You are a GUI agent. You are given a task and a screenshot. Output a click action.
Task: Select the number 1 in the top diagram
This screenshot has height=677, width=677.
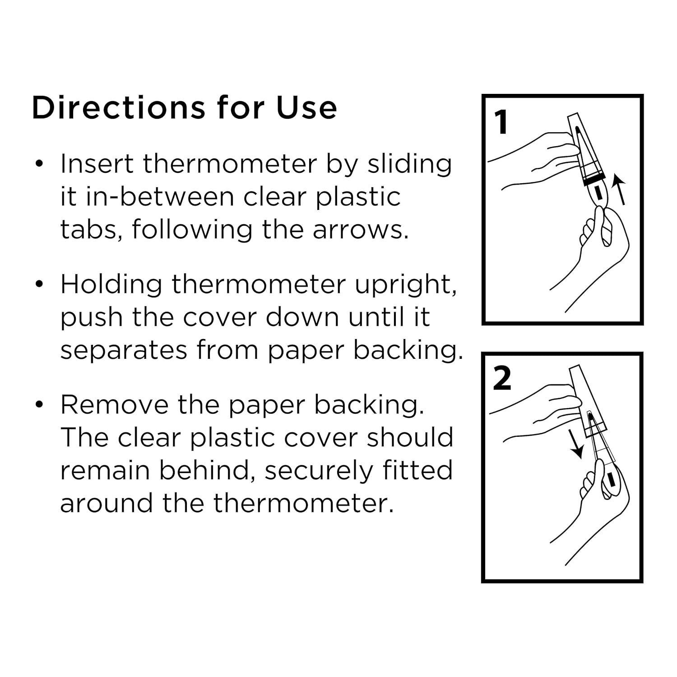pyautogui.click(x=501, y=122)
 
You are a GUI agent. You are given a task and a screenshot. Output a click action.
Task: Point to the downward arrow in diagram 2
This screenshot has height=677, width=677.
pyautogui.click(x=575, y=444)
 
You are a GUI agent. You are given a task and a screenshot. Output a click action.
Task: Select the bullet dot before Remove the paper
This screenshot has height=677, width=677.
pyautogui.click(x=40, y=404)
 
